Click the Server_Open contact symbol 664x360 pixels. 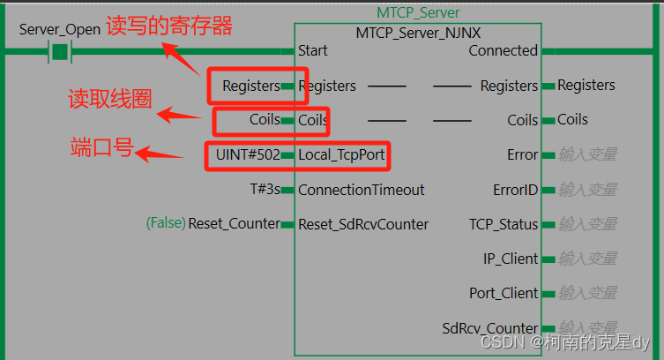pos(60,51)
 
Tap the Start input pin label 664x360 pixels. pos(315,50)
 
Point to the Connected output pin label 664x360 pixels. pos(503,50)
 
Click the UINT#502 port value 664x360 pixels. pos(247,154)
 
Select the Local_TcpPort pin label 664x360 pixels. pos(341,154)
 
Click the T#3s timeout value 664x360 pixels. pos(265,190)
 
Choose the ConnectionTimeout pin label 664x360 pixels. pos(362,190)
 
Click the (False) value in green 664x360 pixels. pos(165,224)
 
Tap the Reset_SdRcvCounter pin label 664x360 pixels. pos(363,224)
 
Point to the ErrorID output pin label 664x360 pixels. pos(515,190)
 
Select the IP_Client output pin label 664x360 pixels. pos(509,259)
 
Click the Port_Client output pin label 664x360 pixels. pos(503,293)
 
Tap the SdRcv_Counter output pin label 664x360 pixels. pos(490,328)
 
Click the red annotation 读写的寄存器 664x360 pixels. pos(169,26)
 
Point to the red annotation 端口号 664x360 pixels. pos(101,147)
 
